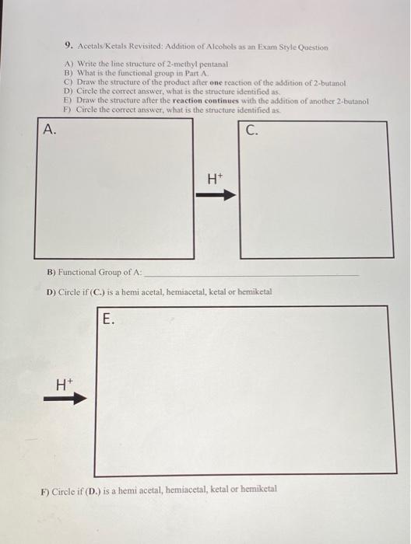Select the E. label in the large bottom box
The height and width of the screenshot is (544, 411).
108,317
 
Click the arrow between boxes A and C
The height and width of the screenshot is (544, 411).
215,196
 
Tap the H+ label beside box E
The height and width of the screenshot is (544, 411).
62,382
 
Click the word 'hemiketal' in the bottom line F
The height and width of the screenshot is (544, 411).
255,490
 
